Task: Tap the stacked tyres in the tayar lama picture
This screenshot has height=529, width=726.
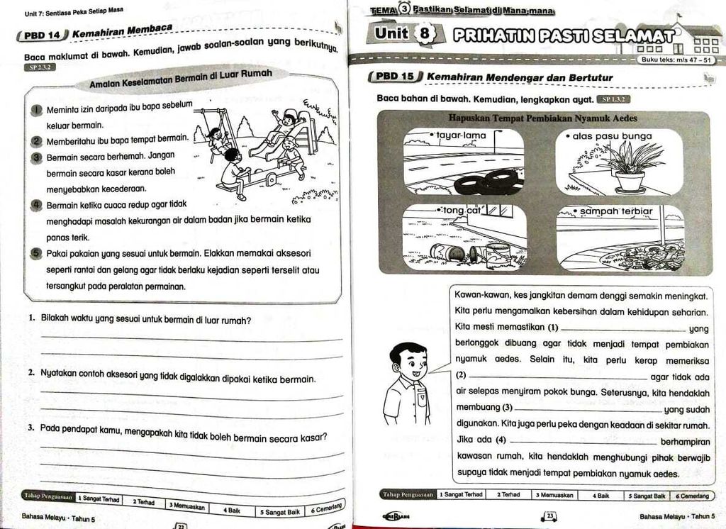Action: (x=488, y=182)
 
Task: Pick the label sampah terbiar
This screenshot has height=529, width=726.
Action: (x=615, y=211)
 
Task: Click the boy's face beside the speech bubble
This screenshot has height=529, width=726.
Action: (x=410, y=362)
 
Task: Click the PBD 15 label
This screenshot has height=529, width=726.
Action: (x=397, y=77)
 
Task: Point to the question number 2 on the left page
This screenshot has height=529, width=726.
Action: (x=32, y=372)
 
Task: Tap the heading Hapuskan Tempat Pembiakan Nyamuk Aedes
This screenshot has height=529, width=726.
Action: (x=542, y=118)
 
